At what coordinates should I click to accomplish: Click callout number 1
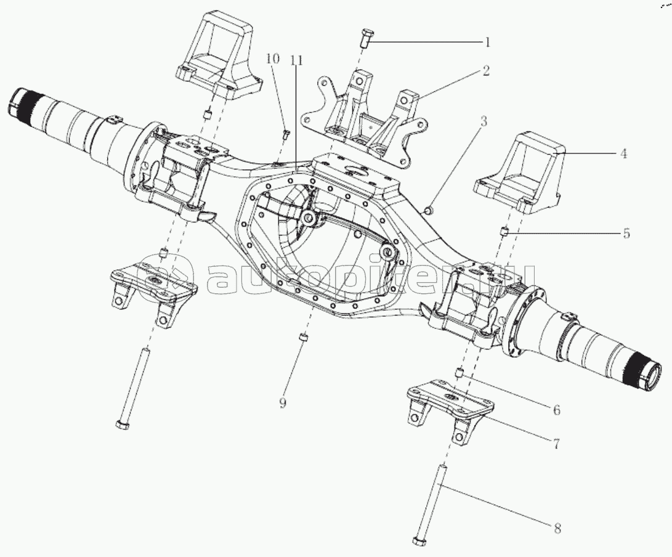pyautogui.click(x=487, y=43)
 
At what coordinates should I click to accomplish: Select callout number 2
pyautogui.click(x=486, y=71)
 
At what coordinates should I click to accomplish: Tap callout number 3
pyautogui.click(x=484, y=121)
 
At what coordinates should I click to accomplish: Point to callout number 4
pyautogui.click(x=623, y=154)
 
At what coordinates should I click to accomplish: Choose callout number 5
pyautogui.click(x=626, y=234)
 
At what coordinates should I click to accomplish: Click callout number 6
pyautogui.click(x=556, y=409)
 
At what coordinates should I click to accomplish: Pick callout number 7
pyautogui.click(x=556, y=443)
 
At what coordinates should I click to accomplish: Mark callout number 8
pyautogui.click(x=557, y=527)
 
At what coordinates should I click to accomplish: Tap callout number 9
pyautogui.click(x=283, y=403)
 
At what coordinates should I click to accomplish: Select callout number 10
pyautogui.click(x=273, y=59)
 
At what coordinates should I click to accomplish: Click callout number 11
pyautogui.click(x=296, y=60)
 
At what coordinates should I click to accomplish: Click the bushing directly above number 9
pyautogui.click(x=302, y=339)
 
